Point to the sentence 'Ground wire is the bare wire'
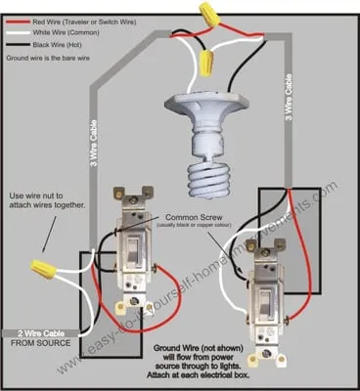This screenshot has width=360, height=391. point(53,60)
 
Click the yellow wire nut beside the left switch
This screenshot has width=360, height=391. point(42,266)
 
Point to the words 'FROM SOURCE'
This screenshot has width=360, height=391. point(37,345)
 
